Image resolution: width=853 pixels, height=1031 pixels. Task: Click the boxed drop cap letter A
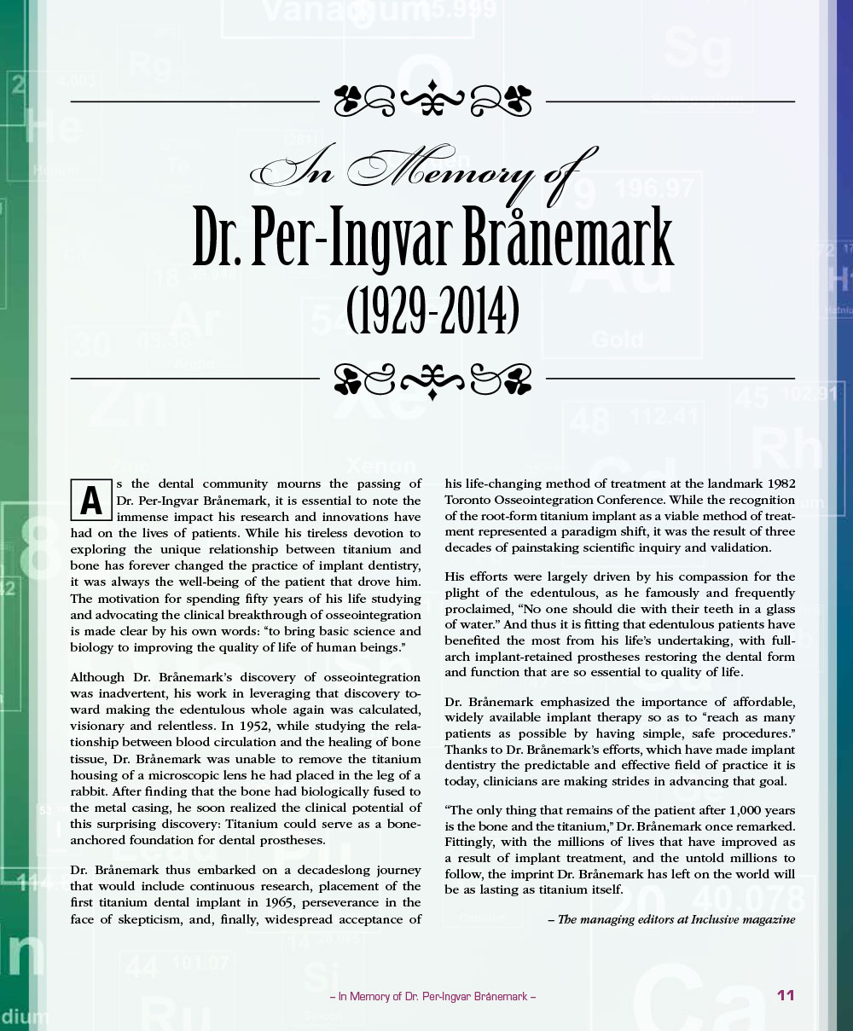tap(90, 501)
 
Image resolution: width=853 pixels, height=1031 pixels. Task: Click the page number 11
tap(786, 995)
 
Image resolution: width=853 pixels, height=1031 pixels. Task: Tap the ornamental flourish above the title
tap(433, 101)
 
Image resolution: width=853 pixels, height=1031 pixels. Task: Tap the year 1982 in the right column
tap(779, 484)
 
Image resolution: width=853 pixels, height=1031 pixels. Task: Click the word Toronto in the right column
tap(468, 500)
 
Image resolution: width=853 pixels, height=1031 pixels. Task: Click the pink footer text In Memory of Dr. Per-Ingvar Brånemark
tap(432, 996)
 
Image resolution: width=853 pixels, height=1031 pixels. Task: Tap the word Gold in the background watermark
tap(617, 339)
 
